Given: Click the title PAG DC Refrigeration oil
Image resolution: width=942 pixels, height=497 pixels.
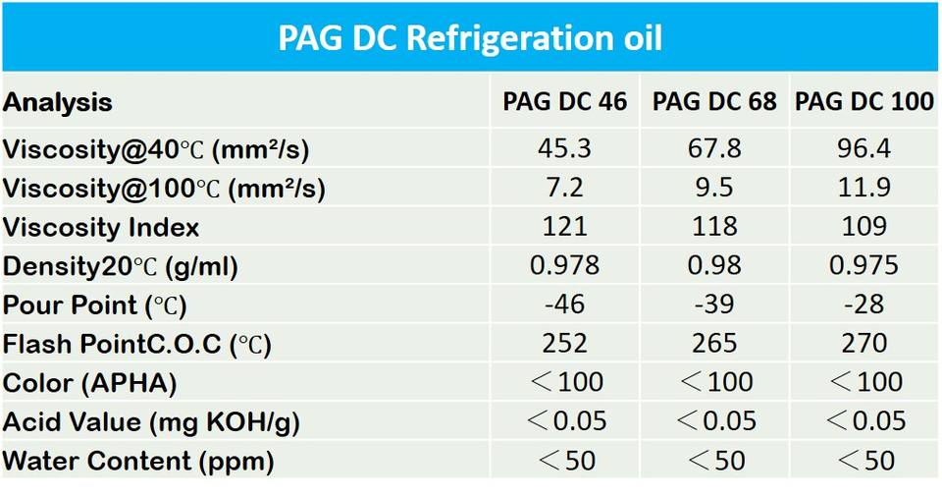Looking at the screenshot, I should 470,37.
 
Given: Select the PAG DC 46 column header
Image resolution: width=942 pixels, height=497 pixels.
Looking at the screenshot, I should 565,102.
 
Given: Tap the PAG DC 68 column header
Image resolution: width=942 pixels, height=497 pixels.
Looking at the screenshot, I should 714,102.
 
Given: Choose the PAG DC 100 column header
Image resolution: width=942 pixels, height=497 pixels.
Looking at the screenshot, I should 864,102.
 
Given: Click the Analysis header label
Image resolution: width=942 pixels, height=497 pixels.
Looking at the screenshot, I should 58,102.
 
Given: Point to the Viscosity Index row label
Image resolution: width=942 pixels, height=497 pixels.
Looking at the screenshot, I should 101,228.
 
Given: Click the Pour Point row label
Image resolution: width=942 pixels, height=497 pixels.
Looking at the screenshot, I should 95,305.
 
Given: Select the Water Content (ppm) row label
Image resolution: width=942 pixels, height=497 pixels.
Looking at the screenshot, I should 138,460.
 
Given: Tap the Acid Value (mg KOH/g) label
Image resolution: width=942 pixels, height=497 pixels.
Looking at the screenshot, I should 151,422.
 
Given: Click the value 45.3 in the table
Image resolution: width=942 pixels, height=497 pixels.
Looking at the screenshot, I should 565,148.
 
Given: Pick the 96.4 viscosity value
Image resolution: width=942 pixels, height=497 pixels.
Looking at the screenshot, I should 864,148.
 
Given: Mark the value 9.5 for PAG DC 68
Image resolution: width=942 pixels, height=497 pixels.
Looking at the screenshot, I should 714,188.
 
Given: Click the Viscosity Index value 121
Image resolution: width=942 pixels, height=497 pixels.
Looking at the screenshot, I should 565,227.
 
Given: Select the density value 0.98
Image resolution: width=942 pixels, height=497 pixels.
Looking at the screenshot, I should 714,266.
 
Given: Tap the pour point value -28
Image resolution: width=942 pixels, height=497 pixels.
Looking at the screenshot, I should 864,304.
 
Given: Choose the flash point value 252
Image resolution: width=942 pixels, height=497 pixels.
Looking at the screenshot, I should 565,343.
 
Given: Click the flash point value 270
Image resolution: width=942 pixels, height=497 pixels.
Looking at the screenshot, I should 864,343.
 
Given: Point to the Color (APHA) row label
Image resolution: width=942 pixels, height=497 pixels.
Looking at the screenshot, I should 90,383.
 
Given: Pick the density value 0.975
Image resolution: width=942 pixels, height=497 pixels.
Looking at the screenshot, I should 864,266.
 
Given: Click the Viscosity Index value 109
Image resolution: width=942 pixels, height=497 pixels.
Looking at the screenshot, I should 864,227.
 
